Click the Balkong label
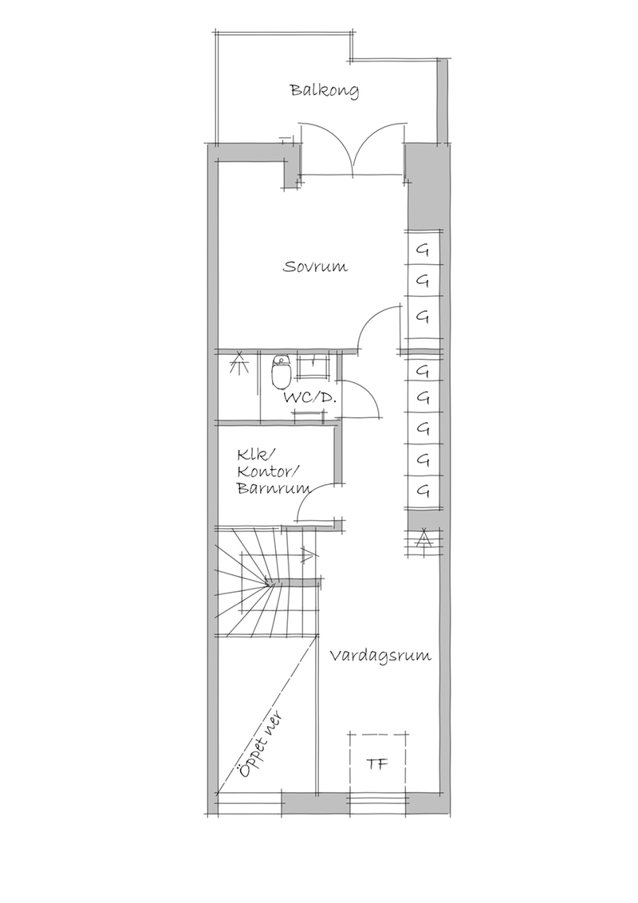point(324,92)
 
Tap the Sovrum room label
point(315,267)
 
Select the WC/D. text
point(309,398)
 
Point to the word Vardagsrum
point(380,656)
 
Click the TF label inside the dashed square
point(377,764)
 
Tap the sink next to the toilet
point(312,366)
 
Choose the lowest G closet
point(423,491)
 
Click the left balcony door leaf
point(329,148)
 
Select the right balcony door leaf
point(380,148)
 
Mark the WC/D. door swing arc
point(365,395)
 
